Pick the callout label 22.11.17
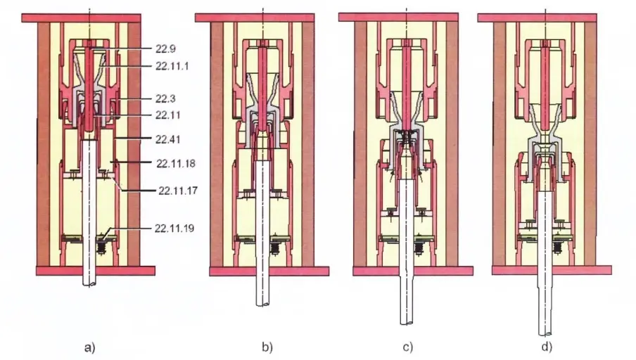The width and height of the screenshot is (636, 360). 177,190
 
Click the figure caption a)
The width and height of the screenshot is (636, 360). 91,346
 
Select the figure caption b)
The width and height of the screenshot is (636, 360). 267,347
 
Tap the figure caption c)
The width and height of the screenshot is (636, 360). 408,347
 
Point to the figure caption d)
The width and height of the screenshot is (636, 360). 548,347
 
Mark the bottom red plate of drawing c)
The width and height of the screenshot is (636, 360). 407,271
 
